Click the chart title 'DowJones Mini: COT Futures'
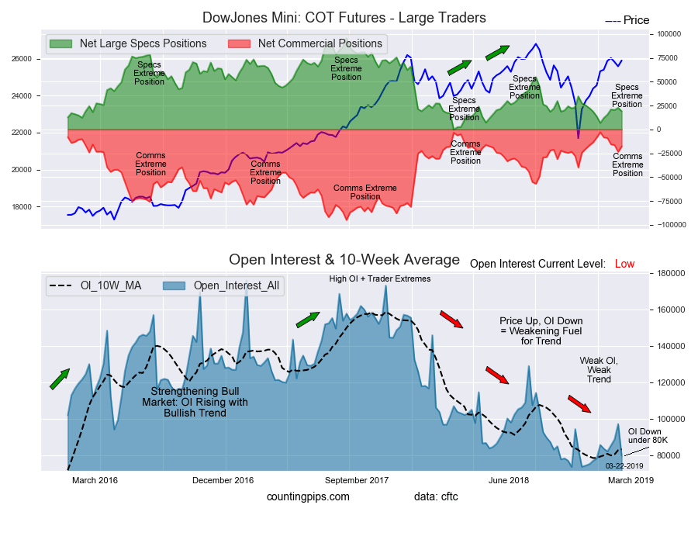344,17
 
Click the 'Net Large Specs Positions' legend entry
143,43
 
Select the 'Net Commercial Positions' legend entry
320,43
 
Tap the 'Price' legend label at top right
636,20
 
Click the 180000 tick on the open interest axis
666,273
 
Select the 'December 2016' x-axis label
223,480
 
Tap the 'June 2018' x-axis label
509,480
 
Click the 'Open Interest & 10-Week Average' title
344,259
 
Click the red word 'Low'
624,265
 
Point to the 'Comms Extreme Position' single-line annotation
365,192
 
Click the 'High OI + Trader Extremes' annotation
379,278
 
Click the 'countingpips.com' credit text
308,496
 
